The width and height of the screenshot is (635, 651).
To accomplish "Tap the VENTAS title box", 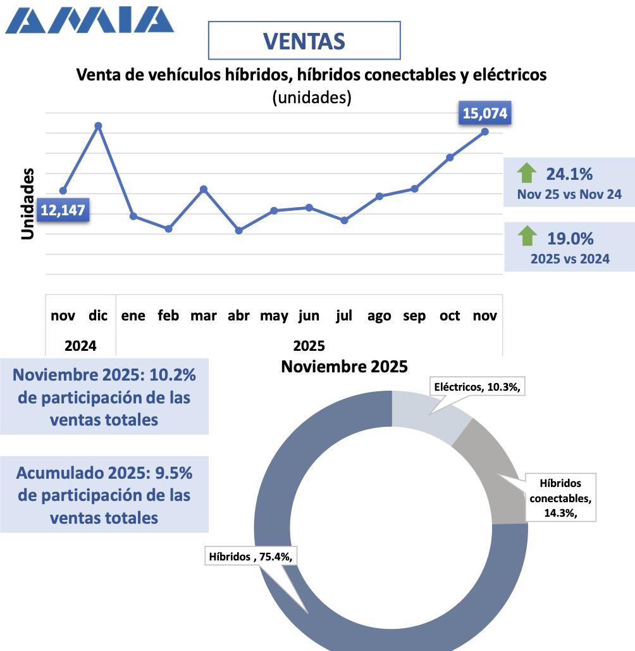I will (304, 41).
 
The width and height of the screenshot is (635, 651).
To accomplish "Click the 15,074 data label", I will (485, 114).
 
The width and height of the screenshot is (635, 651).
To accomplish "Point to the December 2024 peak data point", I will (98, 125).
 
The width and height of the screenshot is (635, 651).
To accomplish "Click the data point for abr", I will (238, 231).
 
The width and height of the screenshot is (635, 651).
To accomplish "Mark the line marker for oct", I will (450, 157).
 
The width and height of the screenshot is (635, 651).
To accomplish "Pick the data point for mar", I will (204, 189).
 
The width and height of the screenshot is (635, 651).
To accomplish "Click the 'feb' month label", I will (168, 315).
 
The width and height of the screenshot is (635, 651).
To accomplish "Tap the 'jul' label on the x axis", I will (344, 315).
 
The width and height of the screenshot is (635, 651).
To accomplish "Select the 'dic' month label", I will (98, 315).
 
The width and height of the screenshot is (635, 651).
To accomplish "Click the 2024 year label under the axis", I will (80, 346).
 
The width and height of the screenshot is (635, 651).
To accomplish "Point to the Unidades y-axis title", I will (27, 204).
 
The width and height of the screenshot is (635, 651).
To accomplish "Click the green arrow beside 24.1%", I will (526, 173).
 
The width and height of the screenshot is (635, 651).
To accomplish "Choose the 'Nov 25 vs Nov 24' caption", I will (569, 194).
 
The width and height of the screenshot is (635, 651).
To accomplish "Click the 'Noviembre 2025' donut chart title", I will (344, 366).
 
